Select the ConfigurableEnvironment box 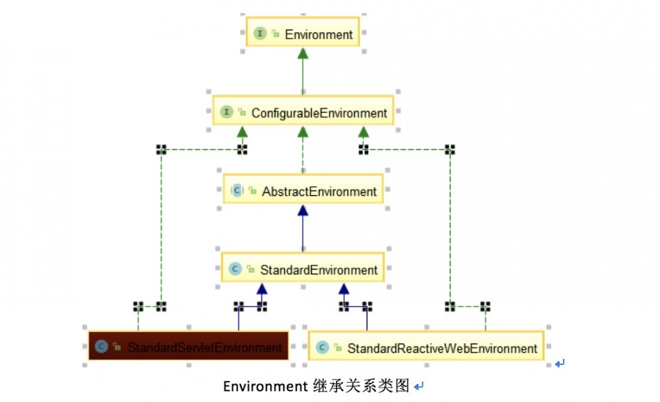click(303, 113)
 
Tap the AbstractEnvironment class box click(303, 192)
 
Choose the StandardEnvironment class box click(303, 270)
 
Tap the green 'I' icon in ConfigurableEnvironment click(226, 113)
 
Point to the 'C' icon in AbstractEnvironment click(237, 192)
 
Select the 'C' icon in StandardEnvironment click(235, 270)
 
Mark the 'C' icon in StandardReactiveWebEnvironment click(322, 348)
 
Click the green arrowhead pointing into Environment click(303, 53)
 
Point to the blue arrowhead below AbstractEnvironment click(303, 210)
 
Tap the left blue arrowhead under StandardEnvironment click(262, 288)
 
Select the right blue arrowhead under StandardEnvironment click(343, 288)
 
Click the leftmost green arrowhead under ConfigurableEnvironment click(242, 132)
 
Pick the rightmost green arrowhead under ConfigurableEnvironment click(364, 132)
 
